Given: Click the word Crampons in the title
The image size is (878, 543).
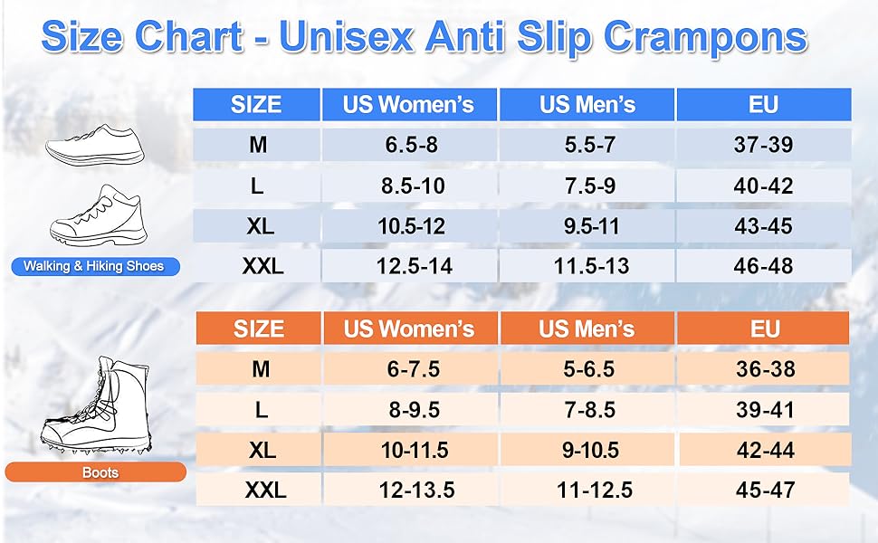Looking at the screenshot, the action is [x=705, y=38].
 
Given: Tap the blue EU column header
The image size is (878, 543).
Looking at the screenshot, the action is [x=764, y=105].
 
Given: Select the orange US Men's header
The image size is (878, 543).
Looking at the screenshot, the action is [x=587, y=329].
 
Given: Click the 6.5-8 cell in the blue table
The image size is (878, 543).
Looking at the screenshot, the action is [x=411, y=145].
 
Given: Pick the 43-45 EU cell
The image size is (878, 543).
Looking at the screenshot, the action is [x=764, y=226].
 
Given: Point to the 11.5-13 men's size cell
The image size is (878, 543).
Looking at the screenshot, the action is [x=591, y=266].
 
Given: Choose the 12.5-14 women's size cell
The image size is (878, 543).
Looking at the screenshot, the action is [x=414, y=266].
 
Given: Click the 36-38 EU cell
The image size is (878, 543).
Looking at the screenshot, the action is [x=766, y=369].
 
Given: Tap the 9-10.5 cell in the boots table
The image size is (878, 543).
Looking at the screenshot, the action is [x=591, y=450].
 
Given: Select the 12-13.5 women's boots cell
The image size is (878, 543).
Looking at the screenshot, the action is [x=416, y=491].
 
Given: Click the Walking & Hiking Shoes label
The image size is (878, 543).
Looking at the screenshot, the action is [x=94, y=266].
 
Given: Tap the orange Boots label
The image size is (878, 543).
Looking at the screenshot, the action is [x=96, y=472].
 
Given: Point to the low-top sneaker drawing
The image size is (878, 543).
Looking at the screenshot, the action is [x=95, y=145].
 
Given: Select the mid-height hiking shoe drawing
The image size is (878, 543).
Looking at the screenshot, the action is [x=99, y=215].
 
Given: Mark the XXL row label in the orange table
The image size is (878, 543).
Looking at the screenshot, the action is [x=265, y=491].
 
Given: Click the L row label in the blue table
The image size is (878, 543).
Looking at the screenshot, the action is [x=257, y=186].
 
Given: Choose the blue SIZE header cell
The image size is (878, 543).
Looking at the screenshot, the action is [x=256, y=105].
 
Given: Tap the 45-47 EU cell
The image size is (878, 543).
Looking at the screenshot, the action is [x=766, y=491].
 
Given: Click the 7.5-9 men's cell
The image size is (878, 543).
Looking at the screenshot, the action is [x=590, y=186].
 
